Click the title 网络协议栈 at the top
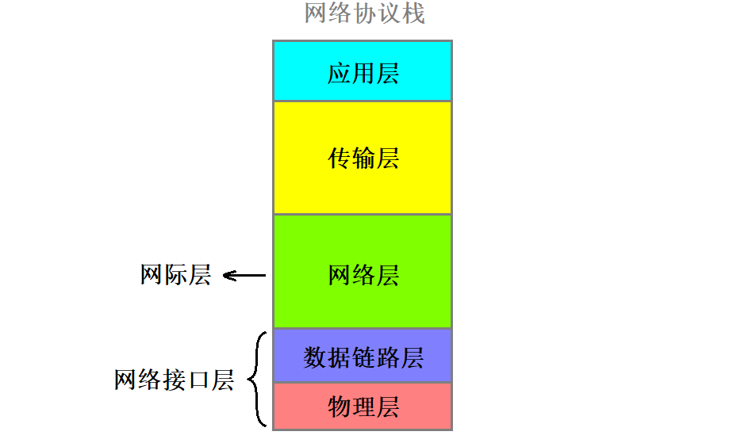(x=365, y=13)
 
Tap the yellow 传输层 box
(x=363, y=158)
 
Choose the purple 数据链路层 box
(x=363, y=356)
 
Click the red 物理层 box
(x=363, y=406)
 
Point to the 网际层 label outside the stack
(x=175, y=275)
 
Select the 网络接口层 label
(x=174, y=380)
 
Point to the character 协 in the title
(x=365, y=13)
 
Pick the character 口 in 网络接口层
(x=198, y=380)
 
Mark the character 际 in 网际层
(x=175, y=275)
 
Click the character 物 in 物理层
(x=340, y=407)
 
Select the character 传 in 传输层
(x=340, y=158)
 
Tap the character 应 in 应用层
(x=340, y=73)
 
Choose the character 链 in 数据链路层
(x=363, y=357)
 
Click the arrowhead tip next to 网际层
(x=225, y=276)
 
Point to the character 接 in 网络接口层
(x=174, y=380)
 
